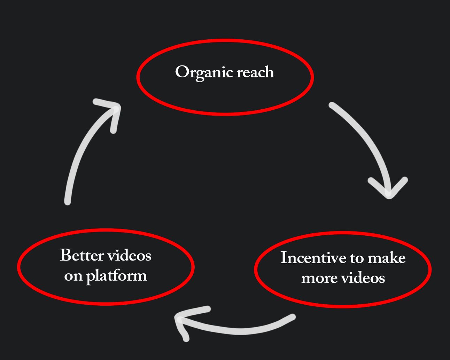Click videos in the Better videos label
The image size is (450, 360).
click(129, 255)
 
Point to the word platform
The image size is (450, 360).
click(116, 276)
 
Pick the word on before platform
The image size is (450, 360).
click(73, 276)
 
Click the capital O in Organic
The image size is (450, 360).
click(181, 72)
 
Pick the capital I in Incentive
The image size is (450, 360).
click(283, 258)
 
